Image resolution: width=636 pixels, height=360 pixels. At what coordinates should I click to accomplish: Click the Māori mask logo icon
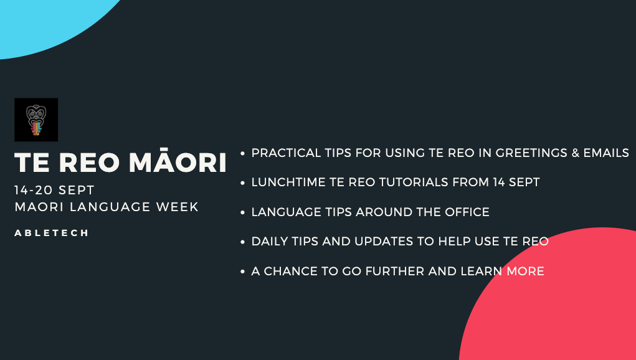pos(36,120)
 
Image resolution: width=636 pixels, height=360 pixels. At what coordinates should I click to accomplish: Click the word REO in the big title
pos(89,163)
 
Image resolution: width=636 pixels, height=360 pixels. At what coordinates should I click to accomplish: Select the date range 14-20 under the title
pos(34,190)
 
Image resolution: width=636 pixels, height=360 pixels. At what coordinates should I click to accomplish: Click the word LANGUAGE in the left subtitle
pos(110,207)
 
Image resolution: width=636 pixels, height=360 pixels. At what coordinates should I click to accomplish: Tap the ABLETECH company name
pos(52,233)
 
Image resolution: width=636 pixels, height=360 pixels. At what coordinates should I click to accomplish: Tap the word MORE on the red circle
pos(525,271)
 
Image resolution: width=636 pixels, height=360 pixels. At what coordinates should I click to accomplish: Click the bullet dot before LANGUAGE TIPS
pos(242,212)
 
